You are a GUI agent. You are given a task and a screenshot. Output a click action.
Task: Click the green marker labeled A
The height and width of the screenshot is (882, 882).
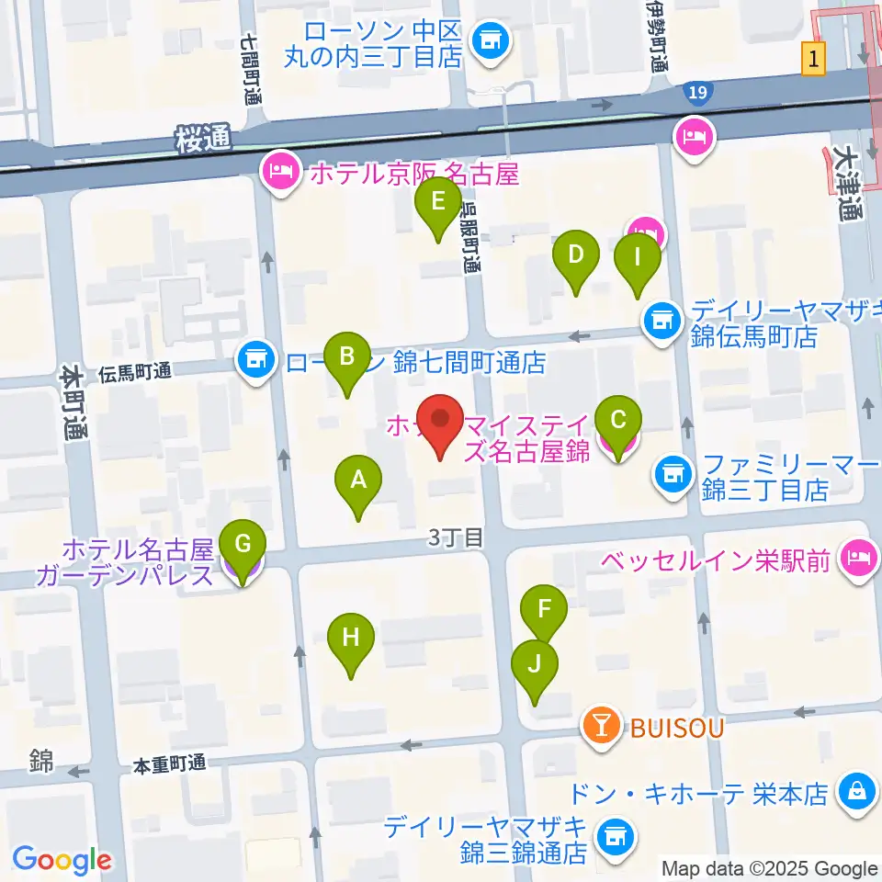pos(358,480)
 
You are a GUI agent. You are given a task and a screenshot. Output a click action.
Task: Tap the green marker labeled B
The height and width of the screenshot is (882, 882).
pos(346,356)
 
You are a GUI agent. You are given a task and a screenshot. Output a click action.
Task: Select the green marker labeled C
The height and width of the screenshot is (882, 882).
pos(618,422)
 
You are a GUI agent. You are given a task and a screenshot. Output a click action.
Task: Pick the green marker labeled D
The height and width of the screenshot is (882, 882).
pos(575,254)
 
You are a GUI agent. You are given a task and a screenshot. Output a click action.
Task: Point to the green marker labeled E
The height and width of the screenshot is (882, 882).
pos(437,201)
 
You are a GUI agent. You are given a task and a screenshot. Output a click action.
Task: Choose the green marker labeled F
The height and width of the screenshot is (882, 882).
pos(544,609)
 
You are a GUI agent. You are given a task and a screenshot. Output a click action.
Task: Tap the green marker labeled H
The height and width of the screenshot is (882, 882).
pos(350,638)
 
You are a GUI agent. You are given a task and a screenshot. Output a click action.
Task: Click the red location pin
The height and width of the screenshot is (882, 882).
pos(441,423)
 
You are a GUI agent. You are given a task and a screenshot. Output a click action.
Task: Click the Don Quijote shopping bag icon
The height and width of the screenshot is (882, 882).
pos(855,791)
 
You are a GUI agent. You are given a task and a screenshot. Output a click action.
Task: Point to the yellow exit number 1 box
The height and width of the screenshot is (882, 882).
pos(813,60)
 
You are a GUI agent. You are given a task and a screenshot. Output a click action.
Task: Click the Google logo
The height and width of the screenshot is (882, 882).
pos(62,860)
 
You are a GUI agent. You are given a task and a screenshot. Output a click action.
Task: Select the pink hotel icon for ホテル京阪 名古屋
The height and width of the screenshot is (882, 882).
pos(280,172)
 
